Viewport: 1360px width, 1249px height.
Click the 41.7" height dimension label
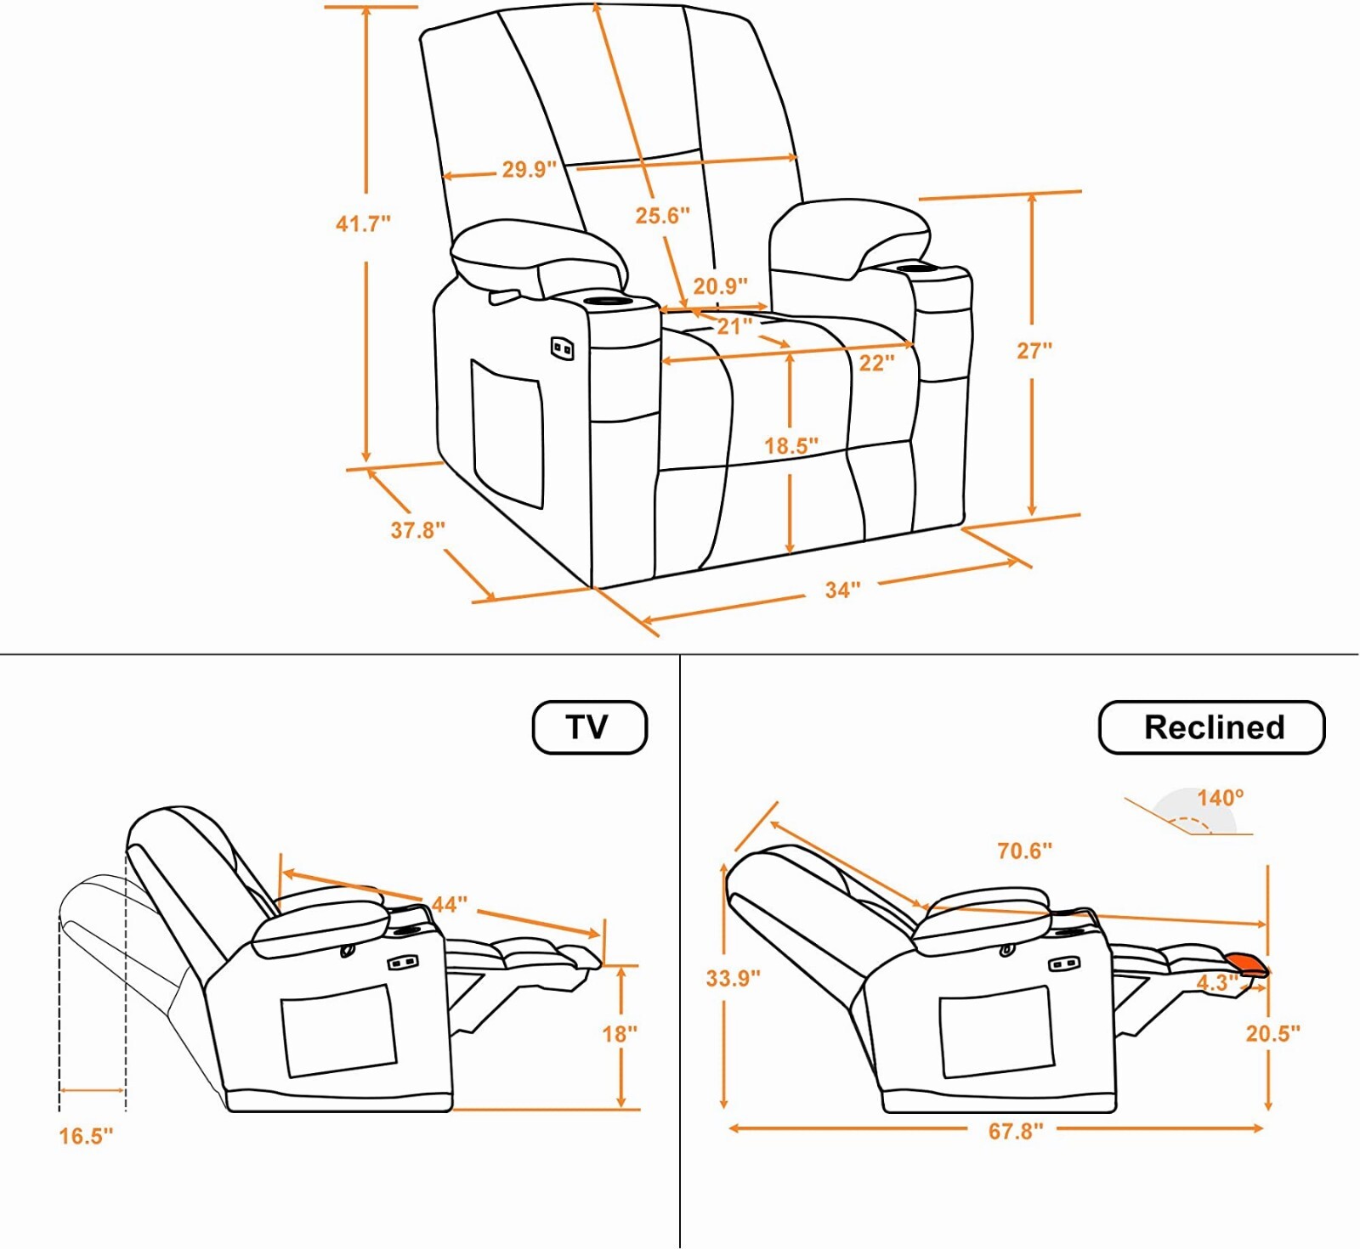click(x=363, y=223)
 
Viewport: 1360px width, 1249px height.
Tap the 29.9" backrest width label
click(x=529, y=169)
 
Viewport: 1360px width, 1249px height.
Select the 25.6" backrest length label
click(x=662, y=216)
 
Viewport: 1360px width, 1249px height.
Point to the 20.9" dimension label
click(x=720, y=286)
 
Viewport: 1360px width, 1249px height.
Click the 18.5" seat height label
click(x=790, y=445)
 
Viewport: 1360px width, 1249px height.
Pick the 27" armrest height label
click(x=1034, y=350)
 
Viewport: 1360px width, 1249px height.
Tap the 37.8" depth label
click(x=417, y=530)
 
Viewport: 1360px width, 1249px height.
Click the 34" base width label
click(x=842, y=590)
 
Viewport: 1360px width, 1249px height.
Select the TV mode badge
click(x=589, y=727)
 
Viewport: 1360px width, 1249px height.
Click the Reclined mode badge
click(x=1212, y=727)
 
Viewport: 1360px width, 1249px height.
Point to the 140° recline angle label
click(x=1220, y=798)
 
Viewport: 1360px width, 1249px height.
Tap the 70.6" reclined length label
click(x=1024, y=851)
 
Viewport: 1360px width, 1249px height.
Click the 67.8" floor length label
click(x=1016, y=1131)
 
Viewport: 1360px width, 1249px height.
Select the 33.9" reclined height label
click(x=733, y=978)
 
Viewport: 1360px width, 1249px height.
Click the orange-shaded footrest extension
click(x=1247, y=964)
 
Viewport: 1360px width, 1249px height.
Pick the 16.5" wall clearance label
click(x=86, y=1136)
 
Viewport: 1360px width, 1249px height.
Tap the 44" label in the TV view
click(x=449, y=905)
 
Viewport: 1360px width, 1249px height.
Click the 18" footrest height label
click(x=620, y=1034)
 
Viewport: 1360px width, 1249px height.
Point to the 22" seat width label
click(x=876, y=364)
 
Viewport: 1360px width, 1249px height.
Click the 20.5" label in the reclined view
click(x=1272, y=1033)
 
